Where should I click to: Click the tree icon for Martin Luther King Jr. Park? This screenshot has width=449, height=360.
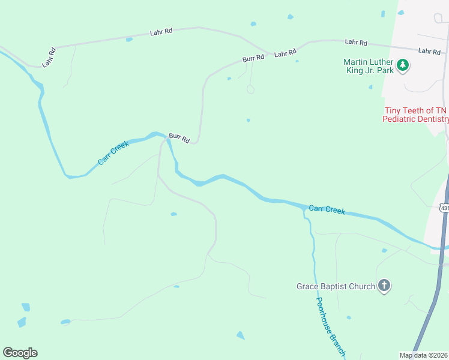tap(403, 65)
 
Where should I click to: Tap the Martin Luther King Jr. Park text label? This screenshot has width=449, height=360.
tap(369, 66)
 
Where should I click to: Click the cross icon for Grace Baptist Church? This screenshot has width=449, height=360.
tap(384, 286)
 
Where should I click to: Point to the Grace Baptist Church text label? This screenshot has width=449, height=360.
tap(336, 286)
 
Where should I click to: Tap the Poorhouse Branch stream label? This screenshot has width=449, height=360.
tap(330, 328)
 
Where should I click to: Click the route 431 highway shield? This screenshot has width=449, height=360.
tap(444, 208)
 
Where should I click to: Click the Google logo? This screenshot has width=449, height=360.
tap(20, 353)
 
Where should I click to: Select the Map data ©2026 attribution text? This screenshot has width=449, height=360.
tap(423, 355)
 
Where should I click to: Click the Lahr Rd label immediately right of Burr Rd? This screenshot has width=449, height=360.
tap(285, 53)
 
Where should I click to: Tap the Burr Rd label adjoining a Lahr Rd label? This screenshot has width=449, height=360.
tap(253, 58)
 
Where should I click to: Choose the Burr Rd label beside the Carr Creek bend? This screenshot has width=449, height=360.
tap(179, 138)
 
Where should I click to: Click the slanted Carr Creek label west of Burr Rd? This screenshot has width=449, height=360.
tap(113, 154)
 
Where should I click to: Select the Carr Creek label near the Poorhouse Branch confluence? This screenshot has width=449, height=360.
tap(327, 209)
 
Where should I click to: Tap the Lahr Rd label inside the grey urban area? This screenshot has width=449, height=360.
tap(429, 52)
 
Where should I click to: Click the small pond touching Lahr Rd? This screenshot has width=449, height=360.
tap(129, 40)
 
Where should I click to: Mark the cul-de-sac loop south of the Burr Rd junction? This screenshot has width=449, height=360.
tap(250, 90)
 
